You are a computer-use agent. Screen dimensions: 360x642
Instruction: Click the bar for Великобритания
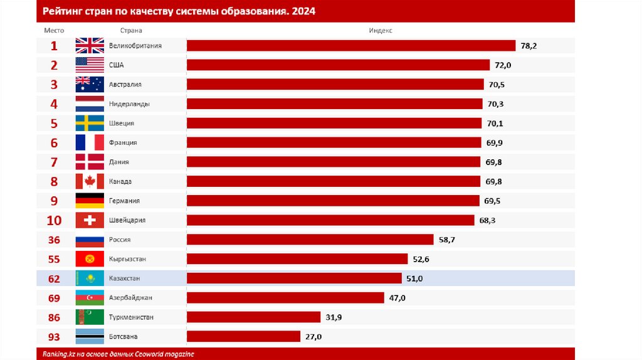pos(351,46)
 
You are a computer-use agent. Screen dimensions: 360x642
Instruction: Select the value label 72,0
pos(503,65)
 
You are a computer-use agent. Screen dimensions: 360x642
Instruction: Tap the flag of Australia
pos(90,85)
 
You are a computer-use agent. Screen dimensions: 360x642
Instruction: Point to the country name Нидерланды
pos(129,104)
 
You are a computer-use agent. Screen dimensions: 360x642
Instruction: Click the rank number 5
pos(54,124)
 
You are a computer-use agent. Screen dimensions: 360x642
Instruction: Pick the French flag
pos(90,143)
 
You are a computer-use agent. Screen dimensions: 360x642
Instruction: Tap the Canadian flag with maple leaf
pos(90,182)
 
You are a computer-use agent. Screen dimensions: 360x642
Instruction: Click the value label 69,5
pos(492,201)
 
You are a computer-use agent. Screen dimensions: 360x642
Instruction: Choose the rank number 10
pos(54,221)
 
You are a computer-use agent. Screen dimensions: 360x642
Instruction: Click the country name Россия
pos(120,240)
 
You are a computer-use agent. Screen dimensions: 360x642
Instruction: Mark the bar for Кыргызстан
pos(298,259)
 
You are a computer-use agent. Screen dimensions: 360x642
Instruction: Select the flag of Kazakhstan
pos(90,278)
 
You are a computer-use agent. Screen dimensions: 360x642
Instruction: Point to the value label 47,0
pos(397,298)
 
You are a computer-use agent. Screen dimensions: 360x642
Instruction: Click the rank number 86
pos(54,317)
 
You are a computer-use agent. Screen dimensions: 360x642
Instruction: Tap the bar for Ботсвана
pos(244,337)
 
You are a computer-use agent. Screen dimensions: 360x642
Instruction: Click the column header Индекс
pos(381,30)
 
